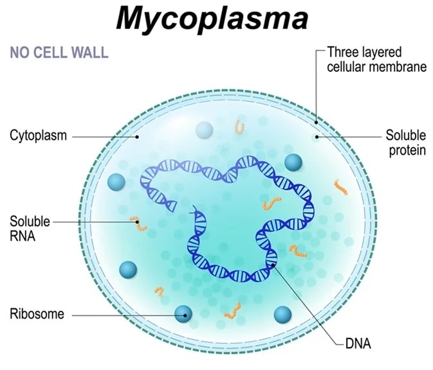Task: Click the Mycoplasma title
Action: tap(212, 19)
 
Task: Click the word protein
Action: tap(407, 151)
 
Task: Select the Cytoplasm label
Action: tap(39, 136)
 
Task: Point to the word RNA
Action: tap(23, 236)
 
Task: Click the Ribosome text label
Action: tap(37, 313)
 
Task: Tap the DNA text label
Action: tap(358, 344)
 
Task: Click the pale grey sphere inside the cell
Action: tap(205, 130)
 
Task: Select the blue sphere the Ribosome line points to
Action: tap(183, 314)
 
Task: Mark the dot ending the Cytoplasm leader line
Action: tap(136, 136)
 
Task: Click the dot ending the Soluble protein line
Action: tap(317, 137)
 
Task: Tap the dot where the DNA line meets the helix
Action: tap(273, 265)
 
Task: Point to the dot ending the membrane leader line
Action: tap(316, 123)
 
